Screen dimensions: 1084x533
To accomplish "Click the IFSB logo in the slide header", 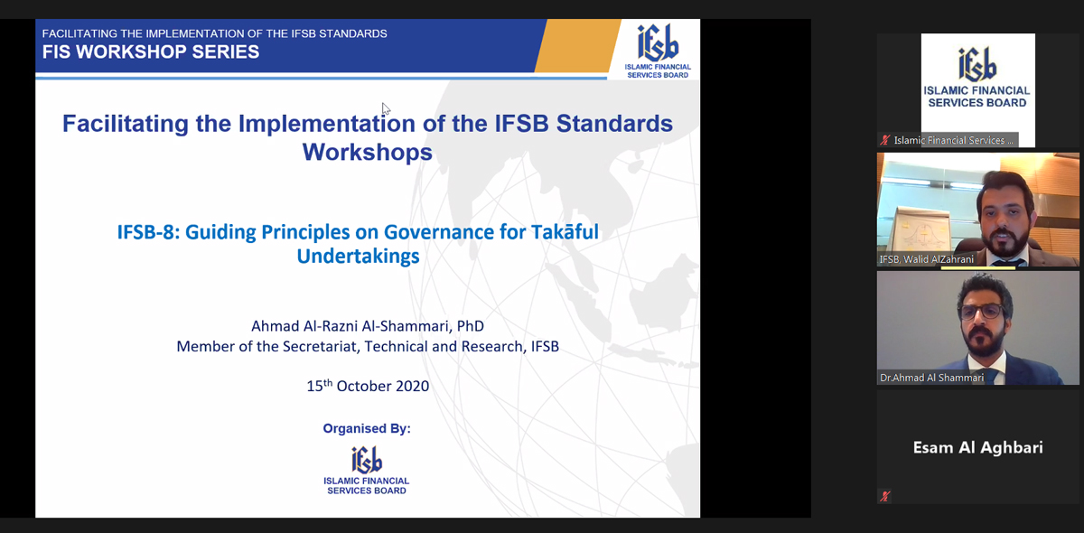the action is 658,51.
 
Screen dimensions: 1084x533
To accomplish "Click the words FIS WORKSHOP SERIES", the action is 151,51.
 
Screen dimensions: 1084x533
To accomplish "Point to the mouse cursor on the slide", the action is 386,108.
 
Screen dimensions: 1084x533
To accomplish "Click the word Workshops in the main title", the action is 368,152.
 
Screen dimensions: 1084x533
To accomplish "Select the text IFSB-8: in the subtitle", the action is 148,232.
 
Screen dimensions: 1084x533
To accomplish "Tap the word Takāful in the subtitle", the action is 565,231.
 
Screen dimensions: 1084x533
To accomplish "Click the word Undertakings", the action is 358,257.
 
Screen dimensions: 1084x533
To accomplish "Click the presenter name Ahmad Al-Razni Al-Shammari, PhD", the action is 368,326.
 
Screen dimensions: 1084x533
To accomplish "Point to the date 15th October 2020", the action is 368,386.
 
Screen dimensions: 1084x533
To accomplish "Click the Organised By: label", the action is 367,428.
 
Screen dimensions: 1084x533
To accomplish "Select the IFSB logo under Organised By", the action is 367,471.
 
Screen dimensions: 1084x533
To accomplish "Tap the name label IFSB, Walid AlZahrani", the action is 926,259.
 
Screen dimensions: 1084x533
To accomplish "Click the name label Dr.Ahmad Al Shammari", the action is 931,378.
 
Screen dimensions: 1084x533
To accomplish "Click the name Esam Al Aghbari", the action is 977,447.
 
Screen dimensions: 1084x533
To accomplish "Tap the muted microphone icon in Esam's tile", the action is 885,496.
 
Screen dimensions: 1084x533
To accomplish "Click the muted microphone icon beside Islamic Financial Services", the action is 885,140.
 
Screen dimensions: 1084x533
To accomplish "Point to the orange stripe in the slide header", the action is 577,45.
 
